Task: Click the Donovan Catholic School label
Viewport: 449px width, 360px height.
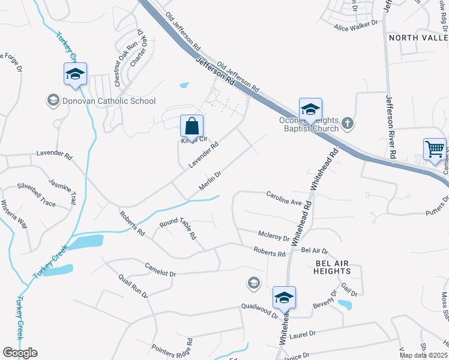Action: coord(109,101)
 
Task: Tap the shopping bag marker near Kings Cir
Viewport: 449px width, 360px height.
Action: coord(191,127)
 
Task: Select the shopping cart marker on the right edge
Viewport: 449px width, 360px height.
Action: coord(435,149)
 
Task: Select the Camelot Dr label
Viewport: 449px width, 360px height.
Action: coord(160,269)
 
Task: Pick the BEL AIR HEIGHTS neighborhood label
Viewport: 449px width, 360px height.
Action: coord(332,267)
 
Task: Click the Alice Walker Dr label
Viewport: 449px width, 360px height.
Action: coord(356,25)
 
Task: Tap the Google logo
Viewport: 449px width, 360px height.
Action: coord(20,353)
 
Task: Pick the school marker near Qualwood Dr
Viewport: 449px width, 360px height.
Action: coord(284,297)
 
